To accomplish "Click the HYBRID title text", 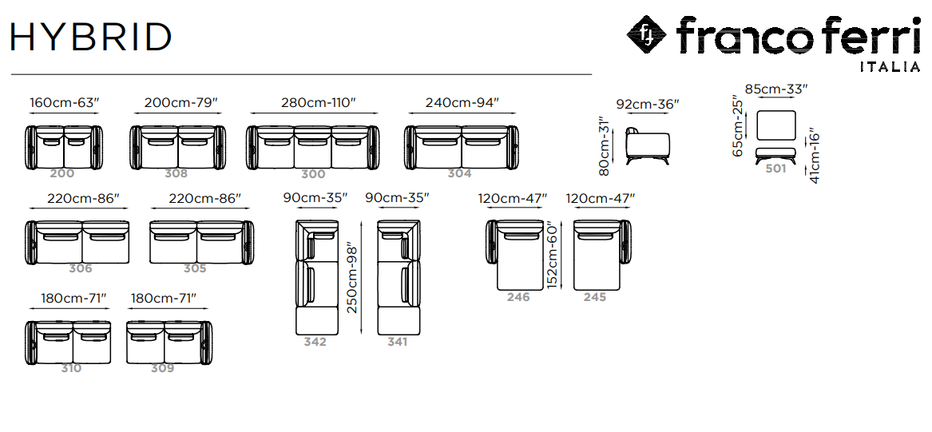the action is tap(91, 37).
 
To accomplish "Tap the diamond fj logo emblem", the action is tap(647, 34).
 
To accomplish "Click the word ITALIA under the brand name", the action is tap(890, 67).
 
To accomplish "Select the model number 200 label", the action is tap(61, 173).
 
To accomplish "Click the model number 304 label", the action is tap(459, 173).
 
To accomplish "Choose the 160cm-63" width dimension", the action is tap(64, 102).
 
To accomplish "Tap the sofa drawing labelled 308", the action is tap(178, 147).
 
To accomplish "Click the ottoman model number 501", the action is tap(775, 168).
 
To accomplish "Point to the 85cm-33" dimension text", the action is tap(776, 89).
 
